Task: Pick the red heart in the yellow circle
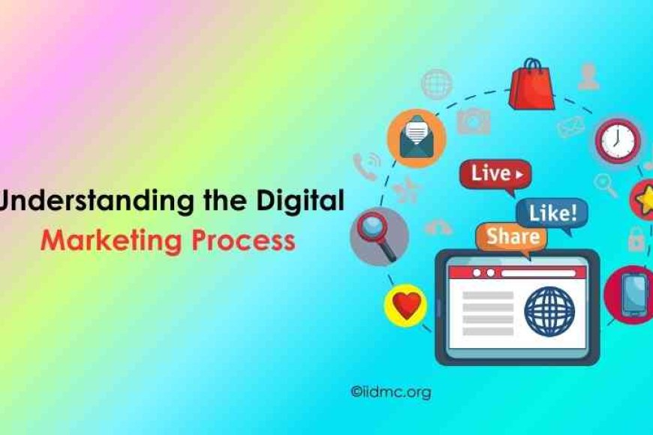click(x=405, y=304)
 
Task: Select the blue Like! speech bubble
click(x=552, y=213)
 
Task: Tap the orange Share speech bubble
click(x=511, y=237)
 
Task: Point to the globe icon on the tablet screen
click(x=549, y=310)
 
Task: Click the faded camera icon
click(x=474, y=120)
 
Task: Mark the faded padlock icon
click(x=635, y=238)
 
